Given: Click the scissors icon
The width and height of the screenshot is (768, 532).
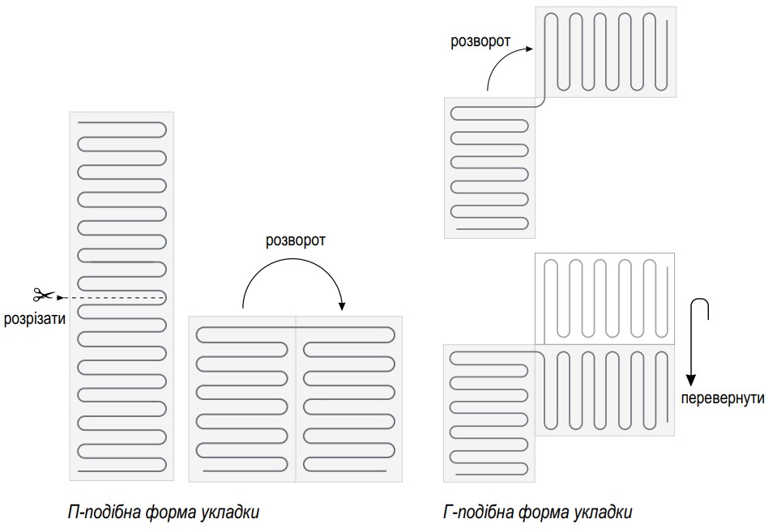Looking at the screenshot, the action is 43,294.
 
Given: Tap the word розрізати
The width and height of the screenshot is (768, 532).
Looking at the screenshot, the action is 34,318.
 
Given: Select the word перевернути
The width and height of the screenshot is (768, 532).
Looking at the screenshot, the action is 723,398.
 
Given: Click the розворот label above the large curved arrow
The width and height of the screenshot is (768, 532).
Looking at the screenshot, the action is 296,240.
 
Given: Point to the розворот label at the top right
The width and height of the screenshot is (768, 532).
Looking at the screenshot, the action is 480,41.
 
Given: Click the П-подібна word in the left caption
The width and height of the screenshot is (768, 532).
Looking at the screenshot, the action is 104,512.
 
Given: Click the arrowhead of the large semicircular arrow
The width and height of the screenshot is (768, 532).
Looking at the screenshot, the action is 342,306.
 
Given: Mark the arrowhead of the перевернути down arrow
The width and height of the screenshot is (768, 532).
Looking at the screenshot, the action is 690,381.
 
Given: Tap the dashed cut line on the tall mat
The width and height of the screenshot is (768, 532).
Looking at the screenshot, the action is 113,297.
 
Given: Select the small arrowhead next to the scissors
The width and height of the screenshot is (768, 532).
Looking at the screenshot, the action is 60,297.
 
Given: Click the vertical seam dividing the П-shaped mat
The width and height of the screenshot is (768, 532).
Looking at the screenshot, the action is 296,399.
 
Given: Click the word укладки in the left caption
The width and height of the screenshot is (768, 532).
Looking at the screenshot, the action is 230,513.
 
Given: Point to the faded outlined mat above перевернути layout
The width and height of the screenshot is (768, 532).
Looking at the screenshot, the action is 604,299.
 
